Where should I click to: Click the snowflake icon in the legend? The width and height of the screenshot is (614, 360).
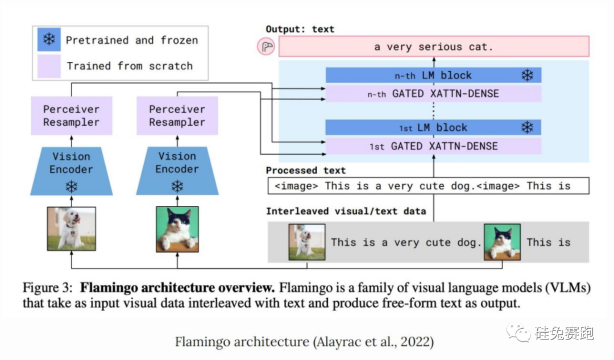pyautogui.click(x=50, y=40)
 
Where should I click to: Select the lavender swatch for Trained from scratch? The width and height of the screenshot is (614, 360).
pyautogui.click(x=50, y=66)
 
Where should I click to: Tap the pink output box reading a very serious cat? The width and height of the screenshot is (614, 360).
pyautogui.click(x=433, y=47)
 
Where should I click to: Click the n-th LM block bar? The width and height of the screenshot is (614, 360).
pyautogui.click(x=433, y=75)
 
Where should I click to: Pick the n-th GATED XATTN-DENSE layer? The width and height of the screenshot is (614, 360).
pyautogui.click(x=433, y=94)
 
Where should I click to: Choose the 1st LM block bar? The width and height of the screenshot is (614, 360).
pyautogui.click(x=433, y=127)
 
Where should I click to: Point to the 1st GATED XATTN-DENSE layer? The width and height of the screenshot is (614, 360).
pyautogui.click(x=433, y=146)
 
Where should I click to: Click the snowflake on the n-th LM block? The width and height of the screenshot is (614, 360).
pyautogui.click(x=528, y=75)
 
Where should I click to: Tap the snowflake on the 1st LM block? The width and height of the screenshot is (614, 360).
pyautogui.click(x=528, y=127)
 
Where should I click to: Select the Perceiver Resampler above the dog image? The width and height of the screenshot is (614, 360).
pyautogui.click(x=72, y=115)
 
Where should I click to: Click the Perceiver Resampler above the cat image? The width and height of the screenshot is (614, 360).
pyautogui.click(x=177, y=115)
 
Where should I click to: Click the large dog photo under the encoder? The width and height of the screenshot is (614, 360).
pyautogui.click(x=72, y=229)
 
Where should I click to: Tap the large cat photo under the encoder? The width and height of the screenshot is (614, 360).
pyautogui.click(x=177, y=229)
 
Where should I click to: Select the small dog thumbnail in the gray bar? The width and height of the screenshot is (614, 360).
pyautogui.click(x=306, y=242)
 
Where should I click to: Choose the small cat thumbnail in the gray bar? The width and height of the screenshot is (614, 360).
pyautogui.click(x=502, y=242)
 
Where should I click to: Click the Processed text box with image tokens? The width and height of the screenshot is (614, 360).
pyautogui.click(x=428, y=186)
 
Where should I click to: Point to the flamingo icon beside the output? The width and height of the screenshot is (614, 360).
pyautogui.click(x=265, y=47)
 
